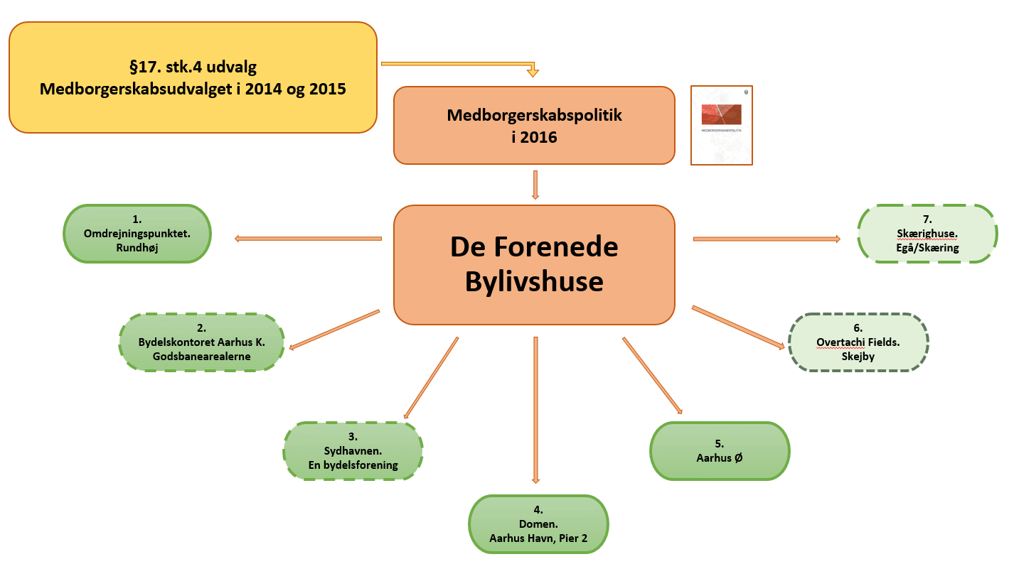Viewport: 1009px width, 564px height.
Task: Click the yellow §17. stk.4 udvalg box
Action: click(193, 77)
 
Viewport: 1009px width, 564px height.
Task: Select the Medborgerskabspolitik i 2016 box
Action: click(534, 126)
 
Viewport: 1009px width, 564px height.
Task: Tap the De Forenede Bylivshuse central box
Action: click(534, 265)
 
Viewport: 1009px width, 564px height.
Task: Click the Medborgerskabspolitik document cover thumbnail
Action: click(722, 126)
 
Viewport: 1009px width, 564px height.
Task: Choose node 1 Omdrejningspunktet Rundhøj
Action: click(137, 234)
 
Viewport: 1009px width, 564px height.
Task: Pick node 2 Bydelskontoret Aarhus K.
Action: click(201, 342)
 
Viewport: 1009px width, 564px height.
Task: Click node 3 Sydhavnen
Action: click(353, 451)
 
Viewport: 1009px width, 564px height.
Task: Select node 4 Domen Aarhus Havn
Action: click(538, 524)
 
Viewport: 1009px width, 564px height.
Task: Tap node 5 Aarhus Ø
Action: click(720, 451)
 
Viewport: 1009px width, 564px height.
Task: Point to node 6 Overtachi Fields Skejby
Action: click(858, 342)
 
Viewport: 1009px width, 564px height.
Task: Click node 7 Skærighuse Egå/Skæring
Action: click(927, 234)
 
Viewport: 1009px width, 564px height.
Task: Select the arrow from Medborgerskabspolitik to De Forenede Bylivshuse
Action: click(535, 185)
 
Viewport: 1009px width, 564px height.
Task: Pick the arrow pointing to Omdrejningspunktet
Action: click(308, 239)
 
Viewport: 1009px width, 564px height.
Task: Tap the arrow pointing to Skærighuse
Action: click(767, 239)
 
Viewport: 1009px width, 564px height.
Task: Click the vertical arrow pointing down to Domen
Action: click(535, 410)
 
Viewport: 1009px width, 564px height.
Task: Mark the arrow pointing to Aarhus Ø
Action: click(653, 375)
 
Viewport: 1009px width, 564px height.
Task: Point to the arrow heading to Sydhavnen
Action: click(431, 378)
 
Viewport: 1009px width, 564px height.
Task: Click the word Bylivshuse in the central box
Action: click(534, 282)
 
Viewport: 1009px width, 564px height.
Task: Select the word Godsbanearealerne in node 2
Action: click(201, 357)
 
